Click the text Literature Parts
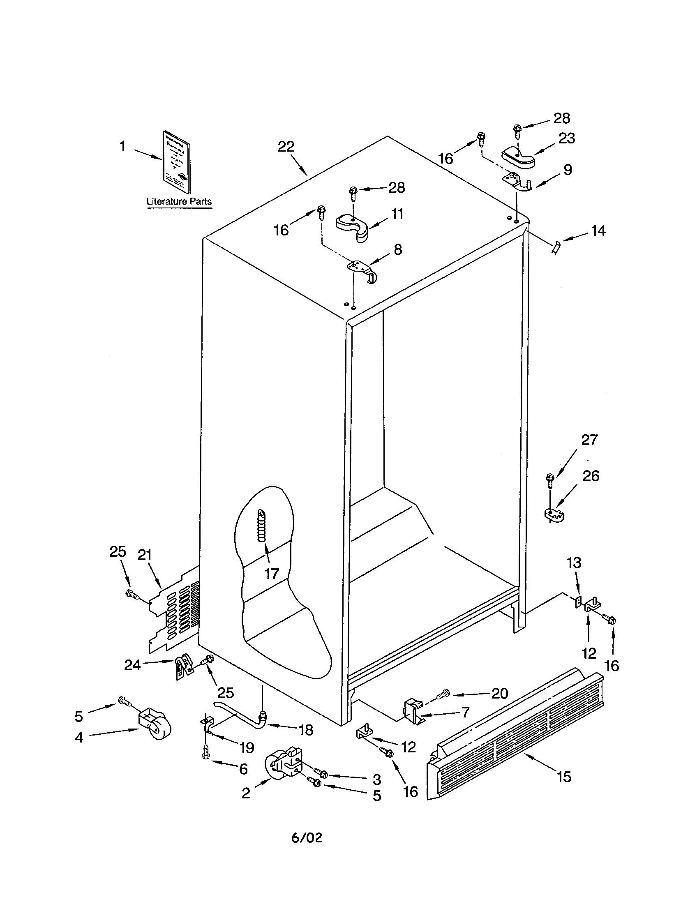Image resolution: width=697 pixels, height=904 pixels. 179,202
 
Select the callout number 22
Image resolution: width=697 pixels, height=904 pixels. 286,147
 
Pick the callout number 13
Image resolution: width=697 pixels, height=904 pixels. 574,563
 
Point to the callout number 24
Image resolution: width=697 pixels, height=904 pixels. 132,665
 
